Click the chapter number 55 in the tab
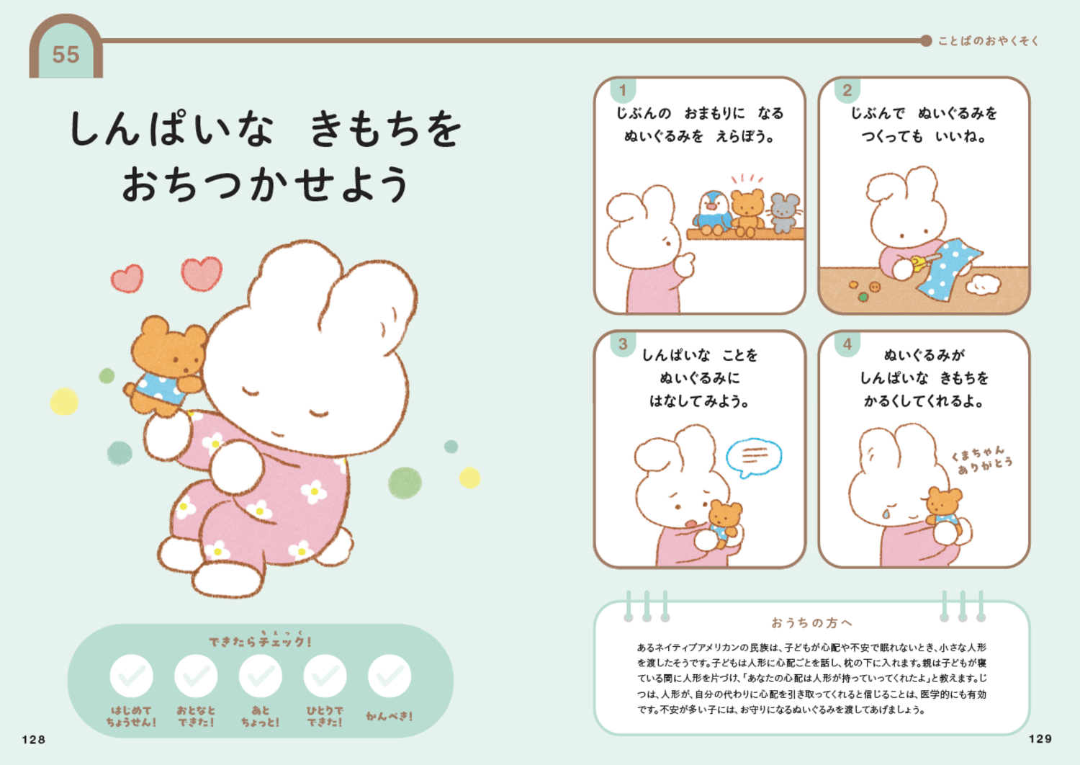click(66, 55)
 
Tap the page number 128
click(34, 739)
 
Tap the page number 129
click(1040, 738)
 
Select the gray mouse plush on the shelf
click(784, 212)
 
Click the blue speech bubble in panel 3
click(753, 456)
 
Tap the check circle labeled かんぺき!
click(390, 676)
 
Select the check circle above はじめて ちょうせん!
click(131, 676)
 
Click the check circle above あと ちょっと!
click(260, 676)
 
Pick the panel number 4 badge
click(847, 344)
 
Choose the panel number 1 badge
click(623, 91)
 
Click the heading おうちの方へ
click(811, 622)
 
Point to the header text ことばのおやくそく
click(988, 41)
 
